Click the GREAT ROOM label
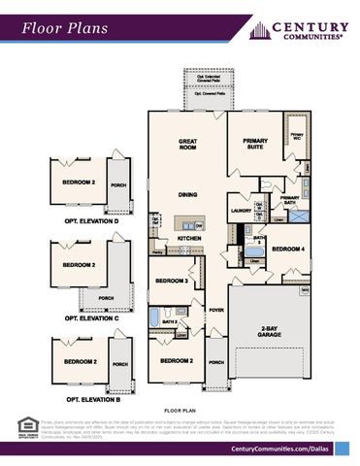pyautogui.click(x=188, y=146)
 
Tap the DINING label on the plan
pyautogui.click(x=188, y=194)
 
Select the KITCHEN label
pyautogui.click(x=188, y=238)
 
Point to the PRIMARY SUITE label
pyautogui.click(x=255, y=145)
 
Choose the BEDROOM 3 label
pyautogui.click(x=173, y=282)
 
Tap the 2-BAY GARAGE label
pyautogui.click(x=269, y=333)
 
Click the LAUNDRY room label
pyautogui.click(x=241, y=210)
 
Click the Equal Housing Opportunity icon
pyautogui.click(x=26, y=424)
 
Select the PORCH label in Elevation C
pyautogui.click(x=107, y=298)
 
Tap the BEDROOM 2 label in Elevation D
pyautogui.click(x=80, y=182)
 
